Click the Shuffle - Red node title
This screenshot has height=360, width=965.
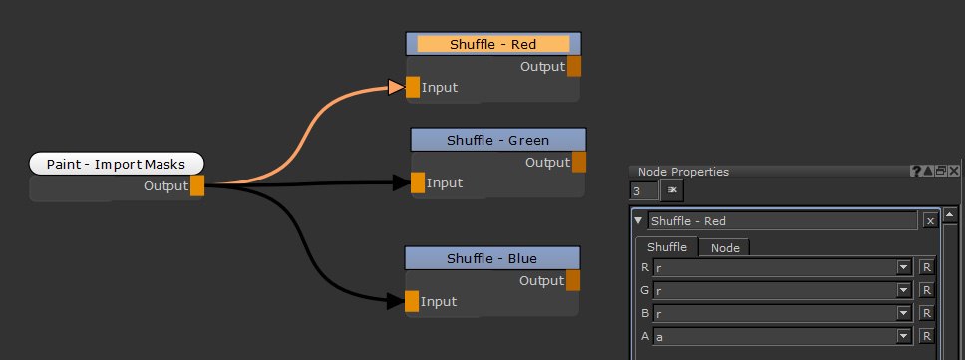493,44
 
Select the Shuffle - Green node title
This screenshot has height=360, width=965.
497,140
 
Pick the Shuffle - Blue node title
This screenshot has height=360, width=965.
491,259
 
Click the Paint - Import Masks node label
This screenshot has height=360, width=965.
116,164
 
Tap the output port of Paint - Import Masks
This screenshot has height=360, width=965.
197,185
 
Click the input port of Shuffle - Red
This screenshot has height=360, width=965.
413,87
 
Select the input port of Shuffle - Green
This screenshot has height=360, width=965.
418,182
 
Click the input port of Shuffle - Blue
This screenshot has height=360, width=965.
412,301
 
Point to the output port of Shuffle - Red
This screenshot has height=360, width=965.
574,67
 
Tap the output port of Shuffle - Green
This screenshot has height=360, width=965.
579,162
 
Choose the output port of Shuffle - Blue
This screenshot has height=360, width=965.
573,281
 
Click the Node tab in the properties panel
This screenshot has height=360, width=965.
725,247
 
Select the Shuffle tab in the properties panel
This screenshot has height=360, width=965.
667,247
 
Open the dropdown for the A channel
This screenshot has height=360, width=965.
903,337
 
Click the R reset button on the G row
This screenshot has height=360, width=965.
926,290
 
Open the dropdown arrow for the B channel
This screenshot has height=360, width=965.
903,313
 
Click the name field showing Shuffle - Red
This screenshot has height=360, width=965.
782,221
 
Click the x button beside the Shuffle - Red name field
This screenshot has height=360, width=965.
930,221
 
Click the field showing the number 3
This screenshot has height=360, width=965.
644,190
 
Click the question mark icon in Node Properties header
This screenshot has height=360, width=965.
916,172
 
